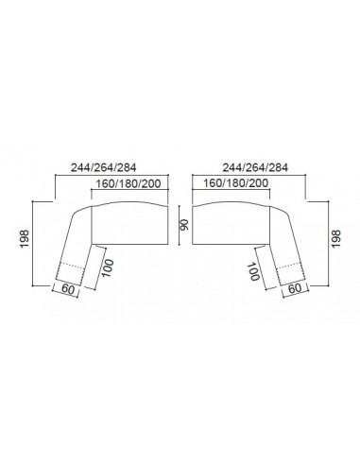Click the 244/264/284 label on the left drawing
[103, 167]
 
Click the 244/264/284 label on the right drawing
[255, 167]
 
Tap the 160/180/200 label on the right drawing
[236, 183]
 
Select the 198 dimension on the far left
[25, 239]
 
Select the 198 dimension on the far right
[336, 238]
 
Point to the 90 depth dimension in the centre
[184, 225]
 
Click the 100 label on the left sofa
[108, 268]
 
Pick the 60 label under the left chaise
[68, 288]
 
